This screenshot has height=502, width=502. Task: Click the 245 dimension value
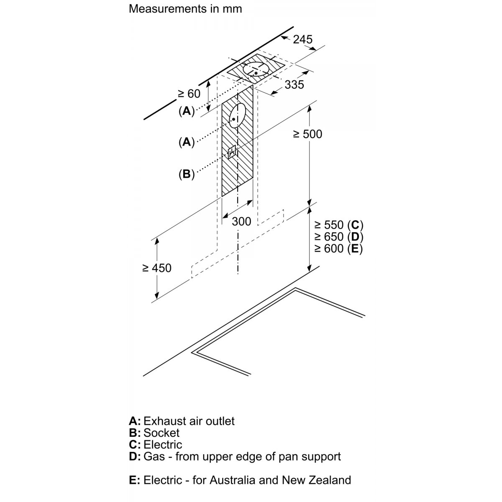pos(302,39)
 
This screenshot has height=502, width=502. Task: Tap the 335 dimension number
pos(294,85)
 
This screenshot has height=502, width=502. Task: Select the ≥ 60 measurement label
pos(189,94)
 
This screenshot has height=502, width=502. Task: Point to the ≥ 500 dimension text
pos(307,134)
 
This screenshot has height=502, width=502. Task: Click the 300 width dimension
pos(241,221)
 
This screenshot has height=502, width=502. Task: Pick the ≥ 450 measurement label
pos(156,268)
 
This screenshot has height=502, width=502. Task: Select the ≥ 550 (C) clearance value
pos(338,225)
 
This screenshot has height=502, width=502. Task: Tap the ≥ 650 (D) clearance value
pos(338,237)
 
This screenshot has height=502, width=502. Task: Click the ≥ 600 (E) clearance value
pos(338,248)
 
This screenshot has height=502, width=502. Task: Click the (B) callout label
pos(187,174)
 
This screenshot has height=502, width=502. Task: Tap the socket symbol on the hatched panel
pos(232,153)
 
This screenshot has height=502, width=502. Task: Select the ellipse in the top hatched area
pos(256,69)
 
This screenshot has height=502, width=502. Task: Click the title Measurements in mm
pos(185,8)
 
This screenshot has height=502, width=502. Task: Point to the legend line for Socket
pos(155,433)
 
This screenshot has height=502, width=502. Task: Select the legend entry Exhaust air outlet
pos(189,421)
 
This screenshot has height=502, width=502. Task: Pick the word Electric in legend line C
pos(163,444)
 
